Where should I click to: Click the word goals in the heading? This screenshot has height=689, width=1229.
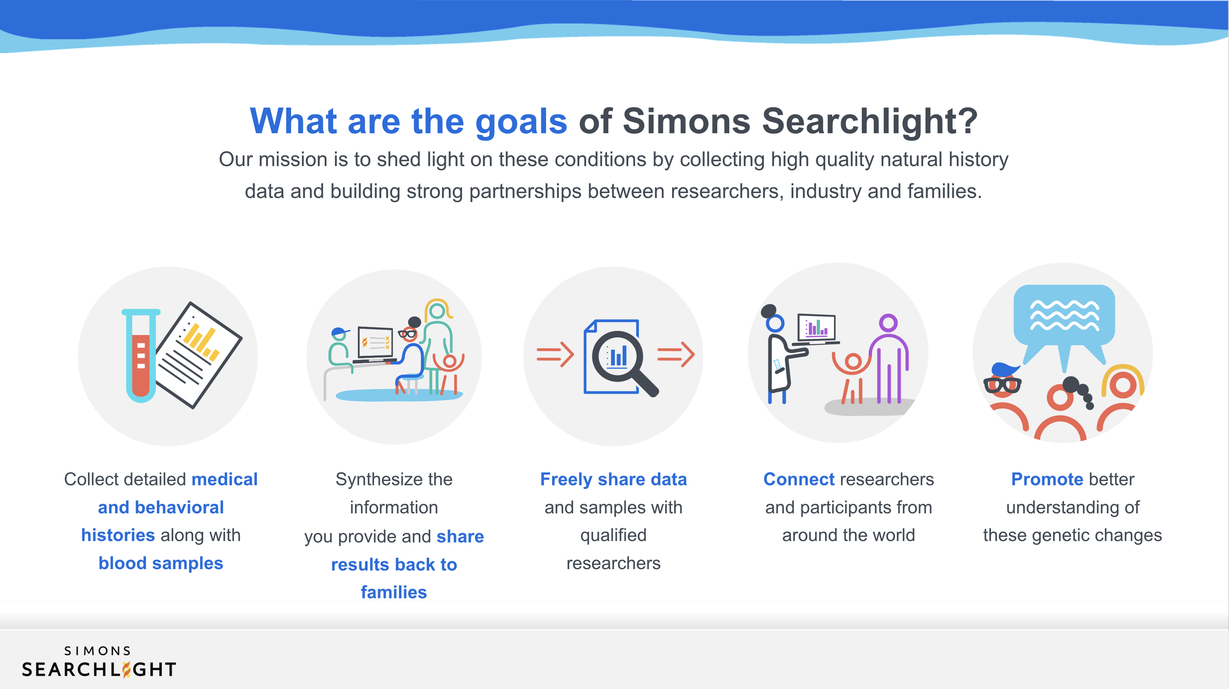(521, 122)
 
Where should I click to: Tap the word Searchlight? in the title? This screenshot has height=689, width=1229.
(870, 121)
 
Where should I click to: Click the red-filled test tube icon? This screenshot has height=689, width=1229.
(141, 355)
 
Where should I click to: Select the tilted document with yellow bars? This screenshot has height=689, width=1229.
(199, 355)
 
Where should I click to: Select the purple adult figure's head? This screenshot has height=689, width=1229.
(888, 323)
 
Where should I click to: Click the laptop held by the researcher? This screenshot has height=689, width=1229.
(817, 328)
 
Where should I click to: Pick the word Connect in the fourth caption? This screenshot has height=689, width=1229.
(799, 479)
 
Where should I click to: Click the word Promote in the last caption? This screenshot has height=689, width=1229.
(1048, 479)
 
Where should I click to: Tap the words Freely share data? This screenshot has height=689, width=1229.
(614, 480)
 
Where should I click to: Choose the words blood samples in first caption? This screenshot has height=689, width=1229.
(161, 563)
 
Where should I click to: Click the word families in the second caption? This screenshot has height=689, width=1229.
(394, 592)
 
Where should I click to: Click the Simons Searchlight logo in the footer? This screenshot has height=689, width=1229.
(99, 662)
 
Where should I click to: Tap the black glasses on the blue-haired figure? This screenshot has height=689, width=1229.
(1002, 385)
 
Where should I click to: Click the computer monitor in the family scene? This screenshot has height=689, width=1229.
(375, 343)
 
